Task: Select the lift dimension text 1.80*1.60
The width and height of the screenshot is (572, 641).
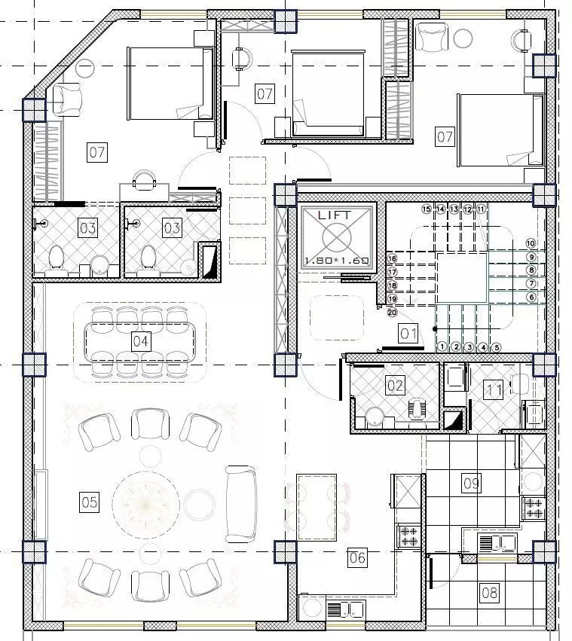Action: point(336,261)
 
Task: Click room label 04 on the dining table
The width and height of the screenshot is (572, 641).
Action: point(141,341)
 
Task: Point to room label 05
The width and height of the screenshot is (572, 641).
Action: point(90,502)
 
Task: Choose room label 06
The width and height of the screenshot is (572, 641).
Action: point(357,557)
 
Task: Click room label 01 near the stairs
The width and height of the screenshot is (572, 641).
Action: point(408,332)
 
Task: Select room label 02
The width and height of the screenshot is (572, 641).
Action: point(395,386)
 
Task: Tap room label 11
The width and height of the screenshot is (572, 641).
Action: point(494,390)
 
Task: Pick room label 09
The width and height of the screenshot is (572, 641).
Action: point(471,483)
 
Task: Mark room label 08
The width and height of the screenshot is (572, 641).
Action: point(490,593)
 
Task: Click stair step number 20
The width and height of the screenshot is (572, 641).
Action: point(392,312)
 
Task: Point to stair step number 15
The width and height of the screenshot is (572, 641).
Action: point(427,209)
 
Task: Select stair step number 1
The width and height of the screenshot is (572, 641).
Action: point(442,347)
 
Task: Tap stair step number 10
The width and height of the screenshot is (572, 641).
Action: point(531,243)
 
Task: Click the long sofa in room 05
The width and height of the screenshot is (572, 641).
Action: point(241,503)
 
